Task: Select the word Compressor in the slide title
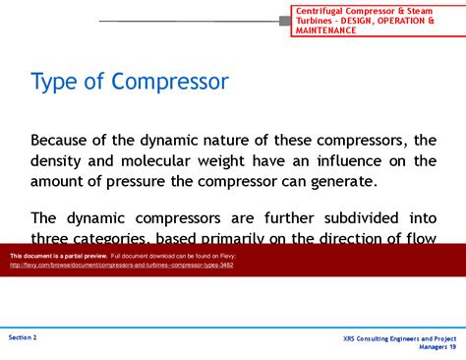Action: [x=170, y=81]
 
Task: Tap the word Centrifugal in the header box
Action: [x=321, y=11]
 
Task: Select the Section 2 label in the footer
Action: [x=23, y=336]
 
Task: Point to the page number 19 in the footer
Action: [x=452, y=347]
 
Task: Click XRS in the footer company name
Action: [x=352, y=338]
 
